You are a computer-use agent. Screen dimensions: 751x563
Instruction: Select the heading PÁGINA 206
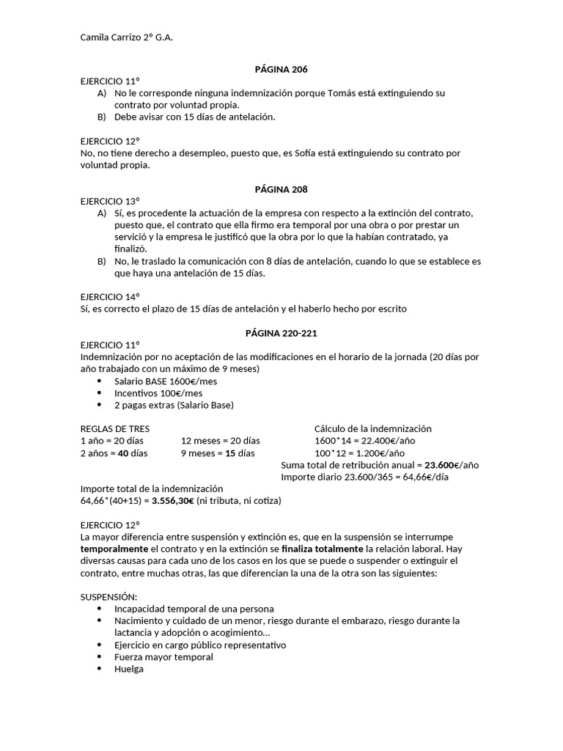pos(281,70)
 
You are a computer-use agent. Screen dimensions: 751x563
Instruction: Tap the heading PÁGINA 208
pos(281,189)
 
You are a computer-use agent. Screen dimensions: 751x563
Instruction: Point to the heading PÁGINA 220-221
pos(281,333)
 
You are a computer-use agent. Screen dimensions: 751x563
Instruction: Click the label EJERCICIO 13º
pos(110,201)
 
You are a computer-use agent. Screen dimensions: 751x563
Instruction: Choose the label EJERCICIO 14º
pos(110,297)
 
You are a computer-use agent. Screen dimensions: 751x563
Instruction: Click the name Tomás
pos(342,93)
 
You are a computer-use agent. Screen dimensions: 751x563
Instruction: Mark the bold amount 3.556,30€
pos(173,501)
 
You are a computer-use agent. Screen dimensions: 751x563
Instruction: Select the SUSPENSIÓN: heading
pos(108,597)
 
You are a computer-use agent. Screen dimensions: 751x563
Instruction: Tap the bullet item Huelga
pos(129,669)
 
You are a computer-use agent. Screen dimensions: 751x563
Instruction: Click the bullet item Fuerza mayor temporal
pos(163,657)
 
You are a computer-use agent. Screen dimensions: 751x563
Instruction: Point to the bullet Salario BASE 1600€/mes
pos(166,381)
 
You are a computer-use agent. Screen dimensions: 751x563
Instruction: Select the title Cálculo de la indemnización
pos(373,429)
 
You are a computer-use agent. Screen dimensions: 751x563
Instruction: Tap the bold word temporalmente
pos(114,549)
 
